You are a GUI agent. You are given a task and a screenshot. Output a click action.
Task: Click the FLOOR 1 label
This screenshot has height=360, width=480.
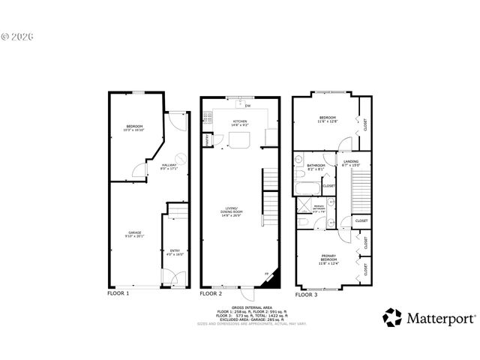tap(118, 294)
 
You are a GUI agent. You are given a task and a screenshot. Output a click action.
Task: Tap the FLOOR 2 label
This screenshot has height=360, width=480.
tap(212, 294)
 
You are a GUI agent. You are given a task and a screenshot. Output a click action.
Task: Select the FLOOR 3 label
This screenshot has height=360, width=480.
tap(305, 295)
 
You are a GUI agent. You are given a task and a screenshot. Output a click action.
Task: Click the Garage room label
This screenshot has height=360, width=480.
tap(135, 235)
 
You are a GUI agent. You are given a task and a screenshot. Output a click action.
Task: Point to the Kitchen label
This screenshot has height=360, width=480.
tap(240, 122)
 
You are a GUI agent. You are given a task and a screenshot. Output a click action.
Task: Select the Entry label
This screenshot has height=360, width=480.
tap(174, 251)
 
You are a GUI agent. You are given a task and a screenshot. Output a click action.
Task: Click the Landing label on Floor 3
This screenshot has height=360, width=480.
tap(350, 163)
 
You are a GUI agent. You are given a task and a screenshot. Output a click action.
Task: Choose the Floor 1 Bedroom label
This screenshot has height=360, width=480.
tap(134, 127)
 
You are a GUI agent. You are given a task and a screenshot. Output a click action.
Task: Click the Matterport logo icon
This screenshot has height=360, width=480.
tap(392, 317)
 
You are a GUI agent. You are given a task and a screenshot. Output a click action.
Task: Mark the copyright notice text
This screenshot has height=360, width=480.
tap(18, 35)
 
